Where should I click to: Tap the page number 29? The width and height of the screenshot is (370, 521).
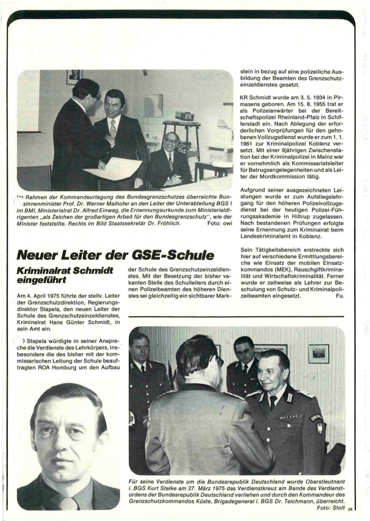pyautogui.click(x=350, y=510)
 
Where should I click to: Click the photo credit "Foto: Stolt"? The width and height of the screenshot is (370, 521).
pyautogui.click(x=331, y=507)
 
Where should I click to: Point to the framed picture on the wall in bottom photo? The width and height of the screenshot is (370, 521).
pyautogui.click(x=318, y=353)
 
